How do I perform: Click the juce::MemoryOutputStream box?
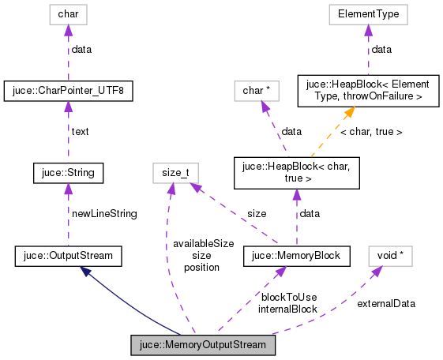tap(204, 346)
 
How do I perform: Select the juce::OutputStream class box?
tap(68, 255)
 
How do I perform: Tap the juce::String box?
tap(68, 171)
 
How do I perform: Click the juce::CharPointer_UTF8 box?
tap(68, 91)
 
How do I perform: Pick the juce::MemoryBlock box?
tap(295, 255)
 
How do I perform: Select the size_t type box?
tap(175, 171)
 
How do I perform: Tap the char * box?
tap(257, 91)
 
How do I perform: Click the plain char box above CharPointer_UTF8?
tap(68, 13)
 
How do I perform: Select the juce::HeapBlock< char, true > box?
tap(295, 172)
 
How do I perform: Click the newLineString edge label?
tap(104, 213)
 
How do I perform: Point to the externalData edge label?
tap(386, 302)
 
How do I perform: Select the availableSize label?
tap(203, 244)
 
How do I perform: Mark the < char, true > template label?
tap(370, 132)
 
